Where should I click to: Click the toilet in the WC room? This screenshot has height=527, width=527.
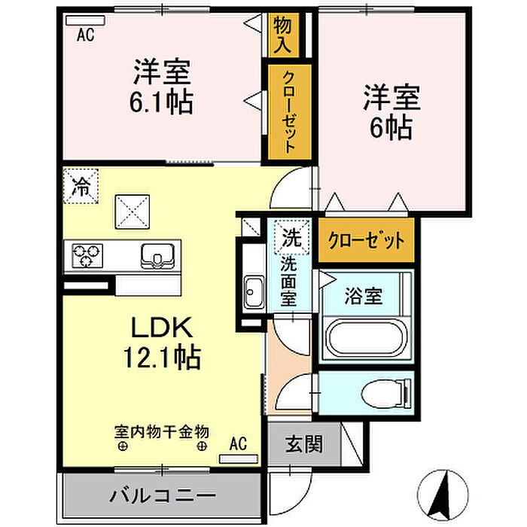386,393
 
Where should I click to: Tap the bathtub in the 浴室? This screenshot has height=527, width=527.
365,338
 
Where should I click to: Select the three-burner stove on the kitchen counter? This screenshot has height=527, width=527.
87,255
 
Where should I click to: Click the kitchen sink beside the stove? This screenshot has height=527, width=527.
157,257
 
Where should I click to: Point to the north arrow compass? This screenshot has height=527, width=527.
443,495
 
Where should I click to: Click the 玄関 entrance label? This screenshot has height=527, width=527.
304,444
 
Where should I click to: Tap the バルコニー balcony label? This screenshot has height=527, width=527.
163,495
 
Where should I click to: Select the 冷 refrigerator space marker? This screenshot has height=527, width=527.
81,186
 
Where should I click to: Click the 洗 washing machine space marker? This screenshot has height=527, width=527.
291,237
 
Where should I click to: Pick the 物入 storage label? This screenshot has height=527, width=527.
282,35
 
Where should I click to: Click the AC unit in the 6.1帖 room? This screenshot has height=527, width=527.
85,20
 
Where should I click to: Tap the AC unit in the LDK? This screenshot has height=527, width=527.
239,458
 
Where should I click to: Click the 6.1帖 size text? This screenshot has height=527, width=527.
161,102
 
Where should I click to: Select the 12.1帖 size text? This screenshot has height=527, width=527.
163,358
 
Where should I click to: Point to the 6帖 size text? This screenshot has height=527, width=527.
391,127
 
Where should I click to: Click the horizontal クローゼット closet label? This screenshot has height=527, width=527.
367,240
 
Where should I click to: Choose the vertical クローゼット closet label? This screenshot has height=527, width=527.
289,112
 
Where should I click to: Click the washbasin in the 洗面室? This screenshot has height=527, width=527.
254,292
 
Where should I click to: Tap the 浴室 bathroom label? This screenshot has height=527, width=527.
364,296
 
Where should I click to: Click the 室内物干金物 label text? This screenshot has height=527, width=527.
162,432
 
